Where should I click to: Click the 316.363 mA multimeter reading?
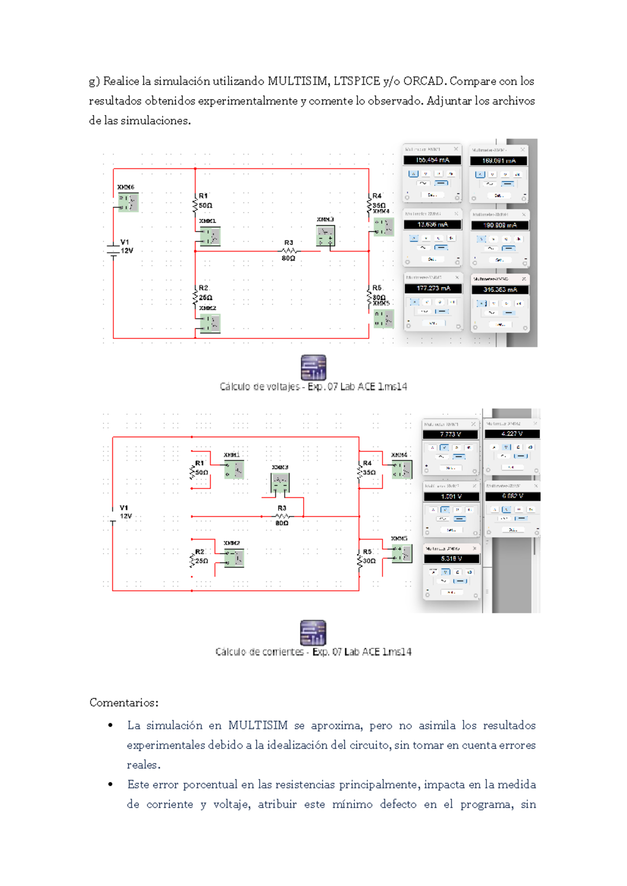(x=500, y=289)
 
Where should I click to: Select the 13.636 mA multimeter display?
(x=432, y=225)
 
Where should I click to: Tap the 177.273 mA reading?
(x=433, y=288)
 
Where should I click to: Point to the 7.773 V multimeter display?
(x=450, y=434)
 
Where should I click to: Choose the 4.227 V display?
(x=512, y=434)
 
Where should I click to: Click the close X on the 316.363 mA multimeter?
(x=524, y=279)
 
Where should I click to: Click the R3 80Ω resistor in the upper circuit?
(x=288, y=251)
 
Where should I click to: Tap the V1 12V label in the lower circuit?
(x=125, y=512)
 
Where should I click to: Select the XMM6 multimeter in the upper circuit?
(x=128, y=202)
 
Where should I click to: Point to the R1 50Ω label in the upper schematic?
(x=205, y=201)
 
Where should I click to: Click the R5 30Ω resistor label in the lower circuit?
(x=368, y=556)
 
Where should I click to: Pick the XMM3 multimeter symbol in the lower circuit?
(x=281, y=483)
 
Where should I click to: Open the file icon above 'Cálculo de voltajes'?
(x=313, y=367)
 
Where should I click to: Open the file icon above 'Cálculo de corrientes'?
(x=313, y=633)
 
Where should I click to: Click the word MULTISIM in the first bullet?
(x=258, y=725)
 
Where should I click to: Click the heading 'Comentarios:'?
(x=124, y=702)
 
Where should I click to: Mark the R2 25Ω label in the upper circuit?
(x=205, y=293)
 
